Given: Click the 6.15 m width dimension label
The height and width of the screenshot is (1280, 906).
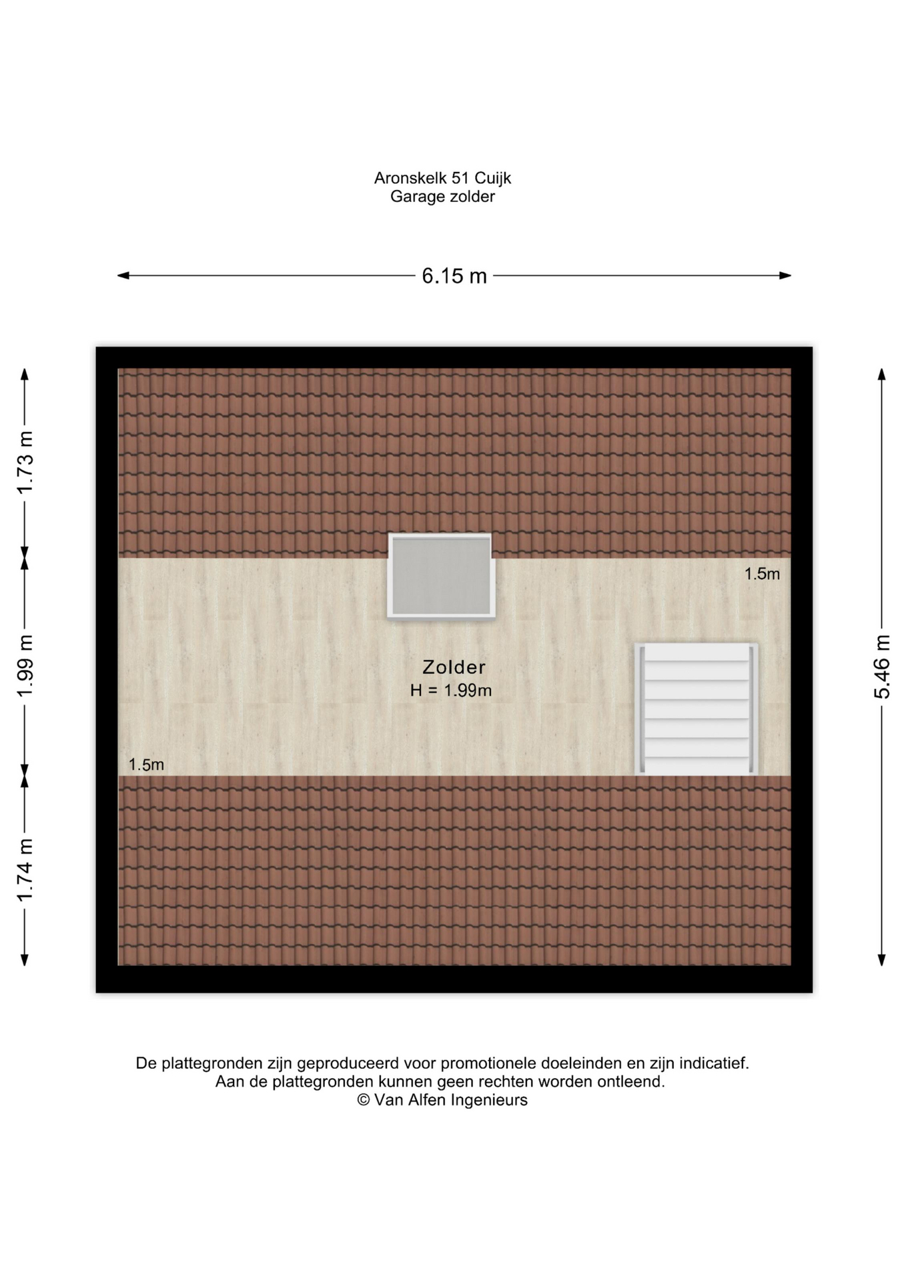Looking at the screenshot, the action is tap(454, 275).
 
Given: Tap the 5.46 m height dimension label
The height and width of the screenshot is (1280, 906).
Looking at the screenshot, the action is tap(882, 667).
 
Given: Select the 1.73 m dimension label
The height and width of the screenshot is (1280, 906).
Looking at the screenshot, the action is tap(25, 463).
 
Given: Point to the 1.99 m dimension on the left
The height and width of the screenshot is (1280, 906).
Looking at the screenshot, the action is tap(25, 666).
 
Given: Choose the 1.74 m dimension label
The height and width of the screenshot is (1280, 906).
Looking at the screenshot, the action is tap(25, 870).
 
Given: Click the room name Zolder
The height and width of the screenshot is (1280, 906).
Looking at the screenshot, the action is tap(454, 667).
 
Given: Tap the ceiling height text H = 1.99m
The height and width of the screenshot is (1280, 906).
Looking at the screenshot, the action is tap(451, 691).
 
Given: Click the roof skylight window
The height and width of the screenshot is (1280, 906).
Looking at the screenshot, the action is tap(441, 577).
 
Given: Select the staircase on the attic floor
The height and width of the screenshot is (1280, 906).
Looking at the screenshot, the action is tap(696, 709).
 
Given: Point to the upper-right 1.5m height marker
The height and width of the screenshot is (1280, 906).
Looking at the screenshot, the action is tap(762, 574).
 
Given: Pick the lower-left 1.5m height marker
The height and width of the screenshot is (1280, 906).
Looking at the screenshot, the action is tap(146, 765).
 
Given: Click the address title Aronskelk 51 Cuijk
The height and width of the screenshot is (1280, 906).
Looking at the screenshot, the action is tap(442, 178).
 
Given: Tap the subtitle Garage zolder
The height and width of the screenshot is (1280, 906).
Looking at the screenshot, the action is tap(442, 197).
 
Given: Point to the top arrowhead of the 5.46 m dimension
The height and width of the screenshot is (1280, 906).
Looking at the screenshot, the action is tap(882, 374).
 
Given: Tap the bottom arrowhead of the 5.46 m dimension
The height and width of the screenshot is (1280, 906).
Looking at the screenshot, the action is tap(882, 960).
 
